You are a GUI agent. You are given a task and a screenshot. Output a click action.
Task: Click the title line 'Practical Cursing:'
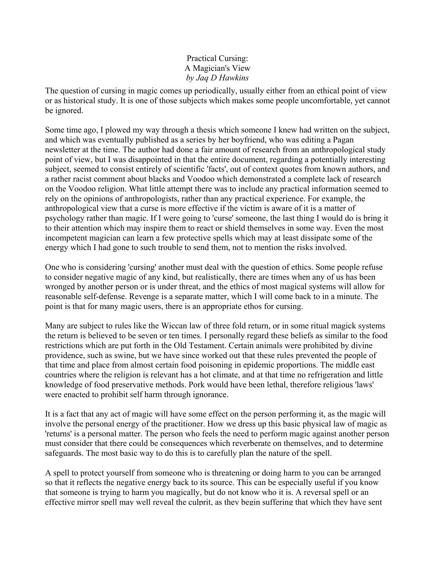[217, 58]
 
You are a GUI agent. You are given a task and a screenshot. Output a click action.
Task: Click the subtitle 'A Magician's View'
[217, 68]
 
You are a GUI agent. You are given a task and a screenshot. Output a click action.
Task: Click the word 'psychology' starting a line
[61, 218]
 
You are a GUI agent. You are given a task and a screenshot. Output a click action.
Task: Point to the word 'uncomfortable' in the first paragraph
[325, 101]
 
